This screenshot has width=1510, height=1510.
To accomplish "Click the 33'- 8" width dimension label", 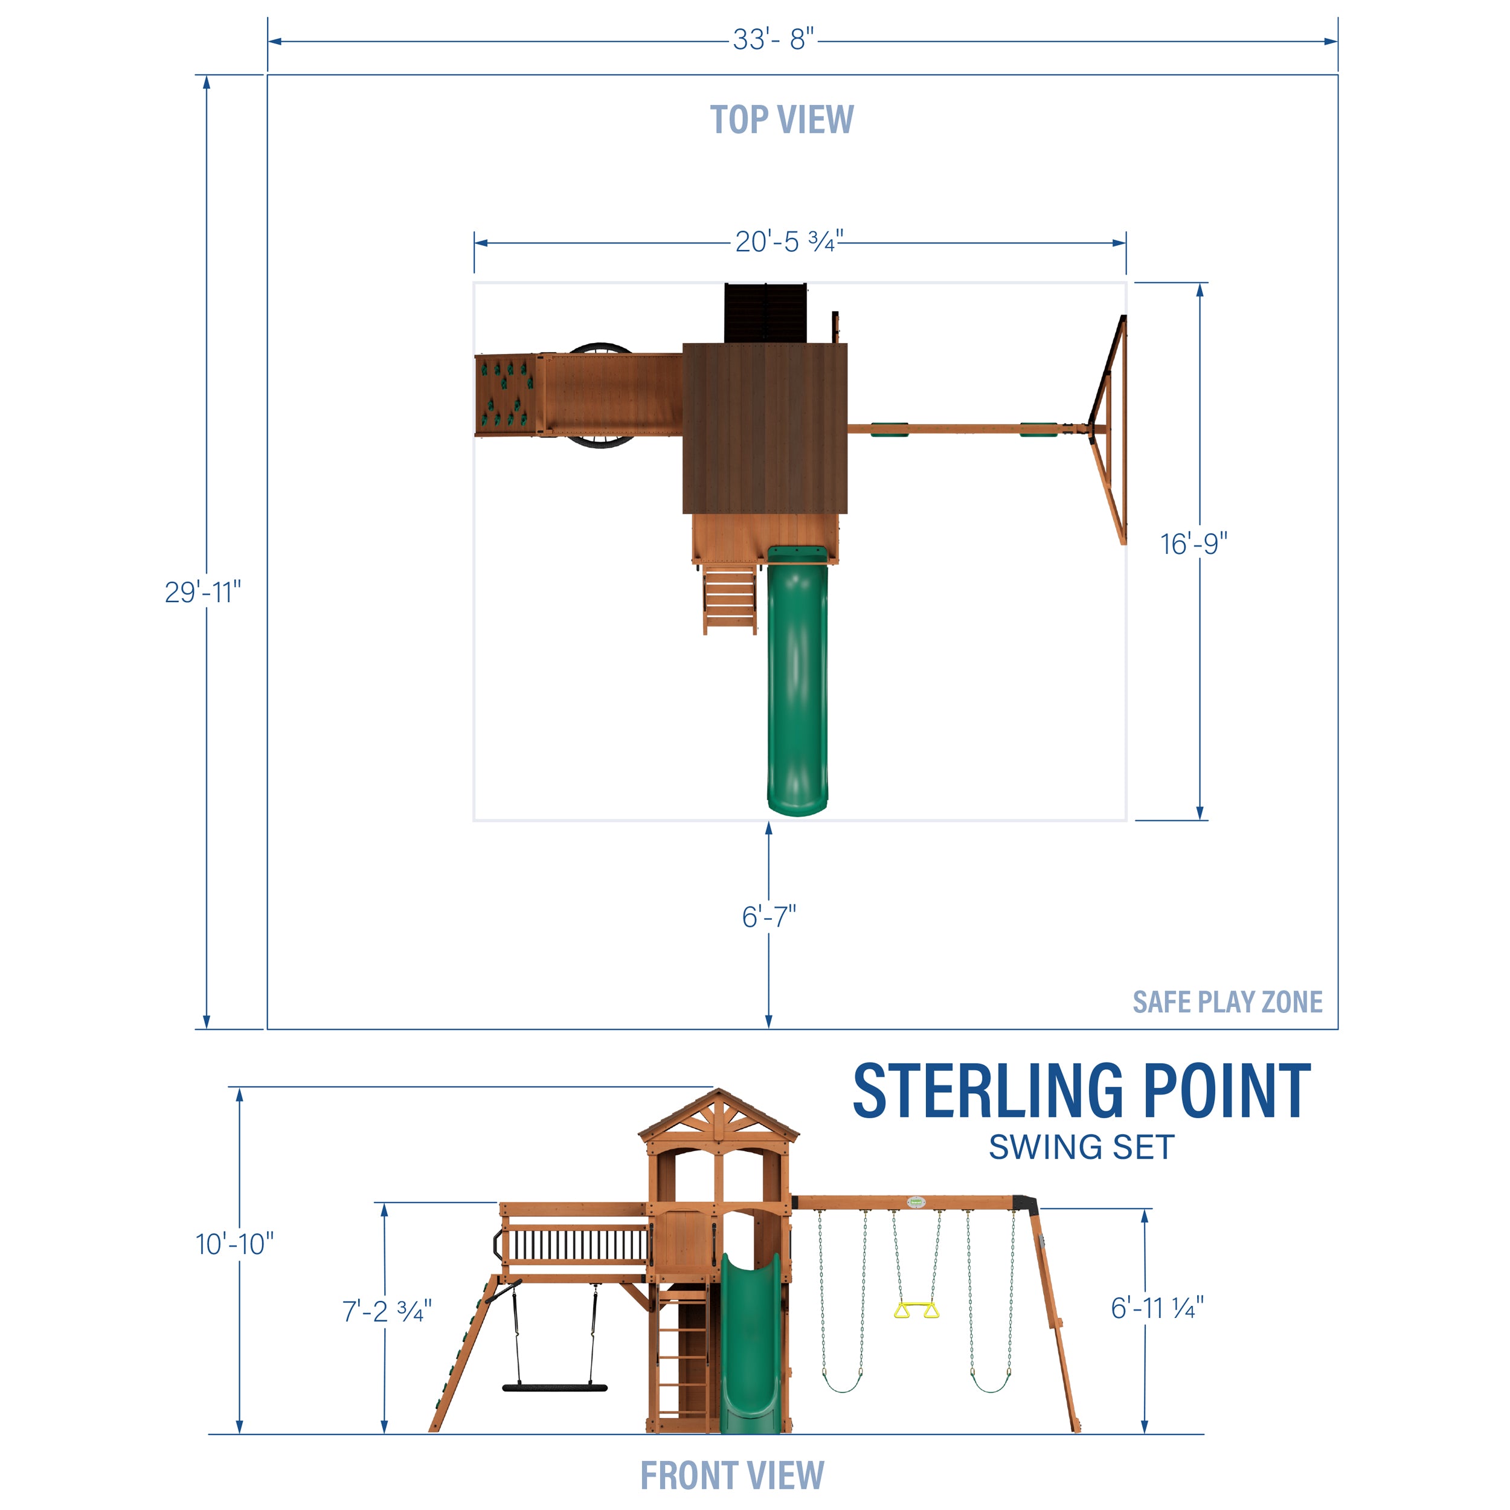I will pyautogui.click(x=773, y=39).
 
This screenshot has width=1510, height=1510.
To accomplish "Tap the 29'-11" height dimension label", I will pyautogui.click(x=202, y=592).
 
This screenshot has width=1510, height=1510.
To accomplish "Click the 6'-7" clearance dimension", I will pyautogui.click(x=768, y=916).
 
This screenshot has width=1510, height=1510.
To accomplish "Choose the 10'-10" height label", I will pyautogui.click(x=234, y=1244).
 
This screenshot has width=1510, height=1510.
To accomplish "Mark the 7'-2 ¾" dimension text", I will pyautogui.click(x=386, y=1311).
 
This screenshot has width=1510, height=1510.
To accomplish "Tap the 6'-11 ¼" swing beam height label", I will pyautogui.click(x=1157, y=1308).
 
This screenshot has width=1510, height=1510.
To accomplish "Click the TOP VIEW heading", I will pyautogui.click(x=781, y=120).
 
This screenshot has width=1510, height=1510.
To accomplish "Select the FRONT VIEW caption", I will pyautogui.click(x=731, y=1475).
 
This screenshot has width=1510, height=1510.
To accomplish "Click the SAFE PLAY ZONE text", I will pyautogui.click(x=1227, y=1002).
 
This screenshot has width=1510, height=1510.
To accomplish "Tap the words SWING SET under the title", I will pyautogui.click(x=1081, y=1148).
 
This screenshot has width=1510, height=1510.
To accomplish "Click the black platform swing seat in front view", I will pyautogui.click(x=554, y=1388).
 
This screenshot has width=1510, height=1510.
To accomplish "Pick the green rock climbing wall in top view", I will pyautogui.click(x=507, y=394).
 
